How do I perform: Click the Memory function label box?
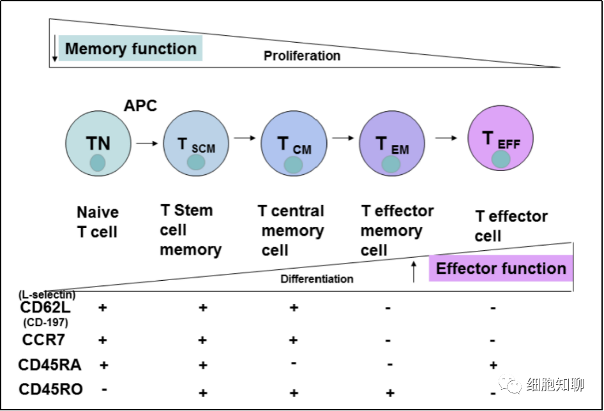pos(131,49)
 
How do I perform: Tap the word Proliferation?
pos(302,56)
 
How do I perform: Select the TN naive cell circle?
pos(98,143)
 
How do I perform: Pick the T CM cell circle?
pos(294,144)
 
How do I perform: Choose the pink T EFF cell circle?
pos(501,139)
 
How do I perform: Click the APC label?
pos(140,106)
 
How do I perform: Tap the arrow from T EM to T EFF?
pos(446,138)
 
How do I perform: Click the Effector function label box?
pos(501,269)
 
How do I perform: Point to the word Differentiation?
pos(317,279)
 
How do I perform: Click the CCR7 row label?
pos(43,340)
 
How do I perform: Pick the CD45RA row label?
pos(49,365)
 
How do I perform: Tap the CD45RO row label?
pos(50,389)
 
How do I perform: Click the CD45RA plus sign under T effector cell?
pos(493,365)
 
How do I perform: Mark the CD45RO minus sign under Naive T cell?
pos(104,387)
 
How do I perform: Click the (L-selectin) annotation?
pos(47,294)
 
